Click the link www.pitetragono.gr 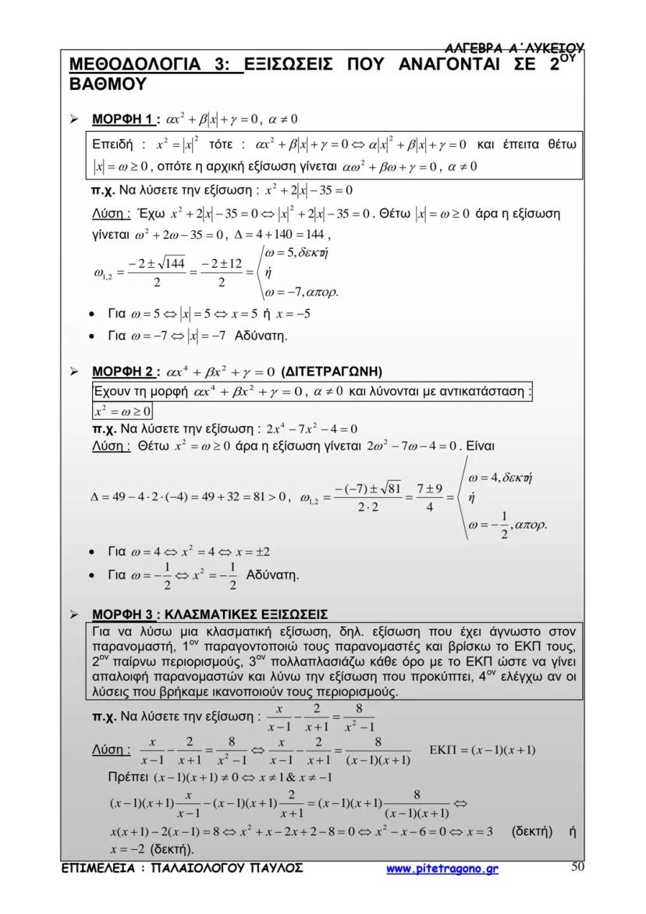click(442, 868)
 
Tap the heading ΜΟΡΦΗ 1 click(121, 119)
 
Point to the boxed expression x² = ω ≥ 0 click(122, 411)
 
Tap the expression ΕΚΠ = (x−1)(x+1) click(482, 750)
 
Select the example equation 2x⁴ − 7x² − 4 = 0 click(311, 429)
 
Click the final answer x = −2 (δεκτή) click(151, 849)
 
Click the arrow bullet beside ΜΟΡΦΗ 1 click(74, 119)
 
